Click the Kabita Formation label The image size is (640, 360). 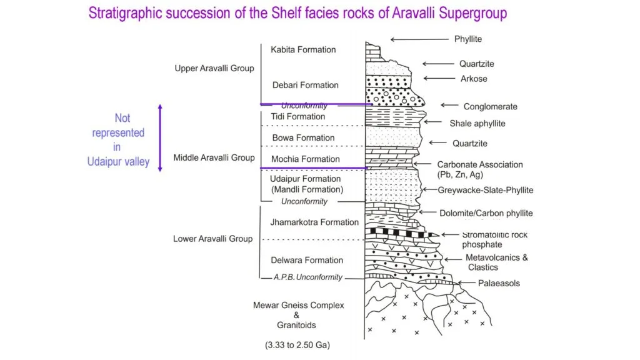pos(303,49)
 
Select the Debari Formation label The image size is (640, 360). pos(305,85)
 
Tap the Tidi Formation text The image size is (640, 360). pos(297,116)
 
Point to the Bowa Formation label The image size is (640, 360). pos(303,137)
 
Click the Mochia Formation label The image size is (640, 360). pos(306,159)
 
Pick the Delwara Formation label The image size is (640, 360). pos(306,260)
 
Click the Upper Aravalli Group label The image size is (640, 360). pos(214,68)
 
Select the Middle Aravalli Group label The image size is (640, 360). pos(214,157)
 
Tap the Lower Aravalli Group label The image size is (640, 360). pos(213,239)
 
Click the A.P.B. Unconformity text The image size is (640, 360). pos(308,277)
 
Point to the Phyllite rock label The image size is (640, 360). pos(468,39)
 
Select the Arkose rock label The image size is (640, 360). pos(473,79)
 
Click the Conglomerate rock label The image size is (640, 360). pos(490,106)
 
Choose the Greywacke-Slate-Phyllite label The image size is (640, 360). pos(486,190)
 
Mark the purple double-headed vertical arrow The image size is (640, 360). pos(160,137)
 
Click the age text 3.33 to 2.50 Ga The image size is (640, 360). pos(297,344)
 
